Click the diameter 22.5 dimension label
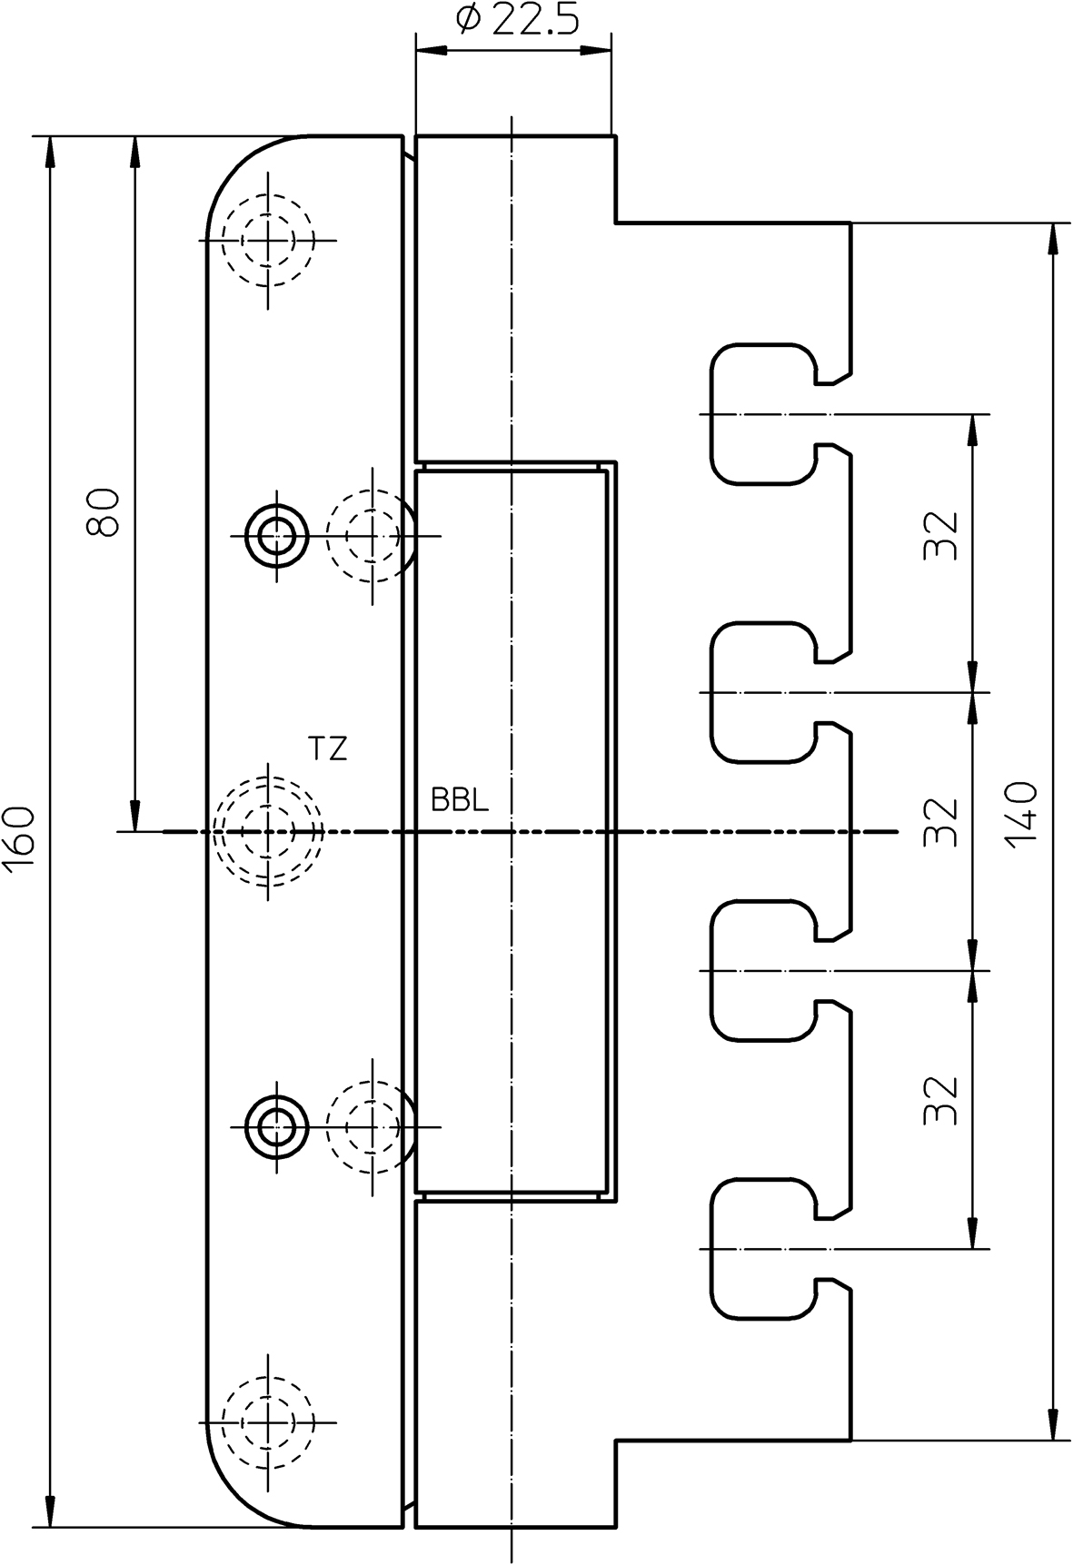pyautogui.click(x=515, y=19)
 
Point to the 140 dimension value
pyautogui.click(x=1022, y=813)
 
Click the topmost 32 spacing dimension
pyautogui.click(x=941, y=536)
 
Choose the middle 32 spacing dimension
pyautogui.click(x=941, y=822)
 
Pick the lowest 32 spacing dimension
pyautogui.click(x=941, y=1100)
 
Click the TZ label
pyautogui.click(x=327, y=749)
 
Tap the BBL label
pyautogui.click(x=460, y=800)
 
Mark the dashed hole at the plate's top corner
pyautogui.click(x=268, y=241)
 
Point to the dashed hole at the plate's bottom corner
pyautogui.click(x=268, y=1421)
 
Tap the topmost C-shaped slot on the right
pyautogui.click(x=763, y=414)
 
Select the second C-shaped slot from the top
pyautogui.click(x=763, y=692)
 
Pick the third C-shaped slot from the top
pyautogui.click(x=763, y=971)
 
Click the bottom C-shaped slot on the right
pyautogui.click(x=763, y=1249)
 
